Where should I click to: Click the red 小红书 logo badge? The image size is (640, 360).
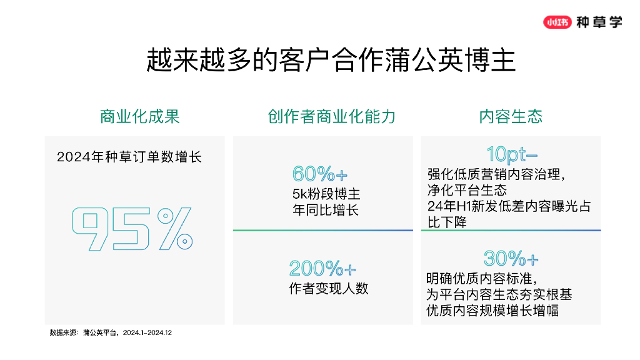point(557,22)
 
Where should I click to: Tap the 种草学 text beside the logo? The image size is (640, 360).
point(599,22)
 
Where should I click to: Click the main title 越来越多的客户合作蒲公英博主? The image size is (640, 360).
point(331,60)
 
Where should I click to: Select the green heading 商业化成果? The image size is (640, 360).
point(139,116)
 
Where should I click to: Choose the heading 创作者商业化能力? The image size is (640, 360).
point(331,116)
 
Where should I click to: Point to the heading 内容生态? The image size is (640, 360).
point(511,116)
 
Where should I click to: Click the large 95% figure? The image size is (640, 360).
point(132,229)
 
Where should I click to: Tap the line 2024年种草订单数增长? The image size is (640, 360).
point(129,157)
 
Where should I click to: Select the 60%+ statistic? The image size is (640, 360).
point(320,174)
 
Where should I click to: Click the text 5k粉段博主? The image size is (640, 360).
point(326,194)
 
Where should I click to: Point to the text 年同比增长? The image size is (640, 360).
point(325,210)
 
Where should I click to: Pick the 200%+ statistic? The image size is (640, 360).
point(322,269)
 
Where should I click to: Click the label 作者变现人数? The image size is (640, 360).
point(329,288)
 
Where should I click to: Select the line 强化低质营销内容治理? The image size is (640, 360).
point(496,174)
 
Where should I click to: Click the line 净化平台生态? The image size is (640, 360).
point(467,190)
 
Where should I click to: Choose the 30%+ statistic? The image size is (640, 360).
point(511,258)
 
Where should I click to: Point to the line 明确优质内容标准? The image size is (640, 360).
point(481,279)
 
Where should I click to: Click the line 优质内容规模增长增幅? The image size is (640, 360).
point(492,310)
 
